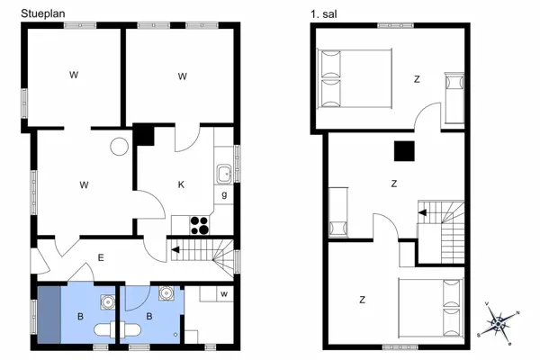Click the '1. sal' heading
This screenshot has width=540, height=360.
pyautogui.click(x=324, y=13)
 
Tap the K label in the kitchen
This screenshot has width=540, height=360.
pyautogui.click(x=181, y=185)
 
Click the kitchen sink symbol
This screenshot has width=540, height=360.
pyautogui.click(x=223, y=173)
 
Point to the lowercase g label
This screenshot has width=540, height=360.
pyautogui.click(x=223, y=195)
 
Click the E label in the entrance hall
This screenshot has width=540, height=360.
pyautogui.click(x=101, y=259)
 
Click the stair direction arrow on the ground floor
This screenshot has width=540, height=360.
pyautogui.click(x=177, y=250)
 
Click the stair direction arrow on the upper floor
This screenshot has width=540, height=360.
pyautogui.click(x=422, y=213)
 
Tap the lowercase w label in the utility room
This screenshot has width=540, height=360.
pyautogui.click(x=223, y=293)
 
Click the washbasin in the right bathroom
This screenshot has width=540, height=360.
pyautogui.click(x=166, y=292)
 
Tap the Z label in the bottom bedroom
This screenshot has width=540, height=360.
pyautogui.click(x=361, y=300)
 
